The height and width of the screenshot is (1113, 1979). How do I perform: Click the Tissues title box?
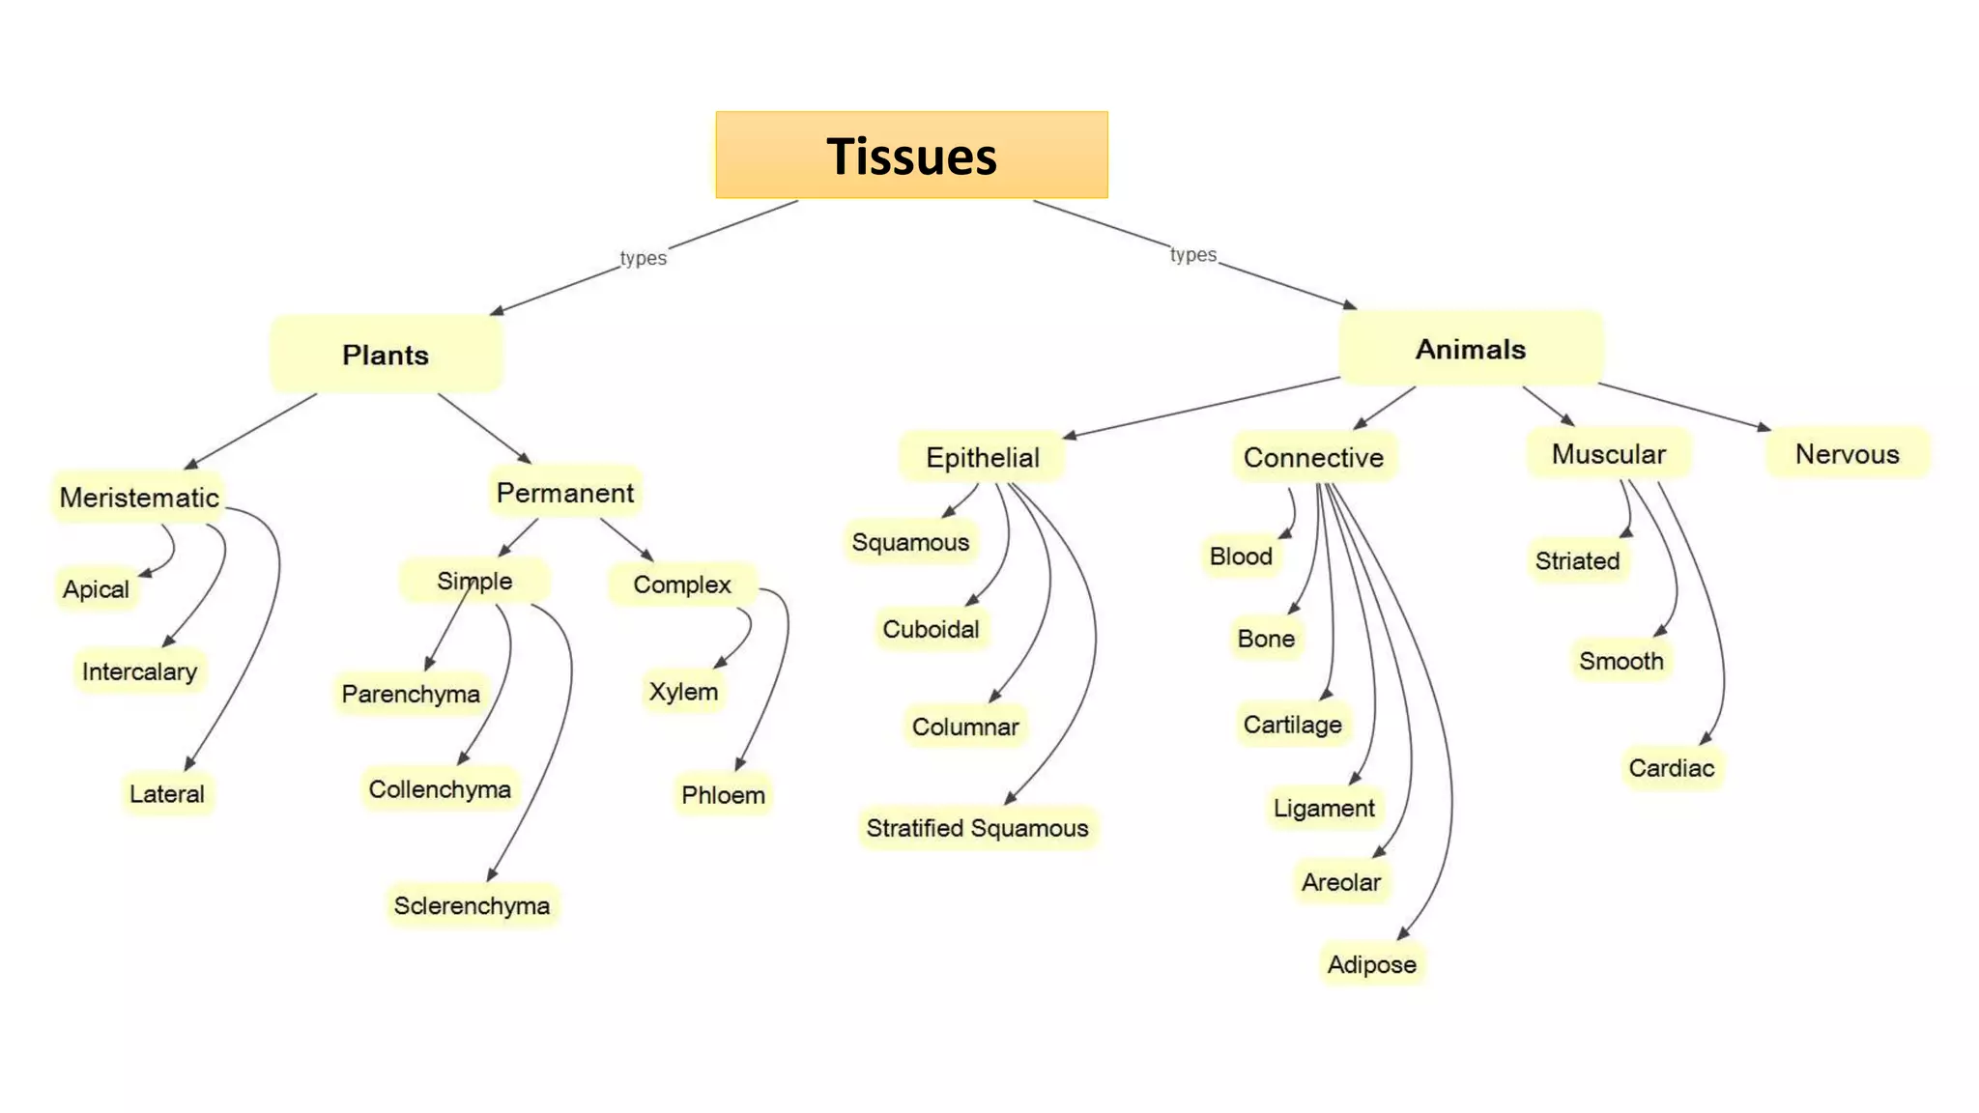click(x=911, y=156)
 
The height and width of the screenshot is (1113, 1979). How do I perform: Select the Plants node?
click(x=386, y=355)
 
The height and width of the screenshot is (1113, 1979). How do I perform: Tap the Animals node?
click(x=1470, y=349)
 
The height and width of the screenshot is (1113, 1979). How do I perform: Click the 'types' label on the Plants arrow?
click(x=643, y=258)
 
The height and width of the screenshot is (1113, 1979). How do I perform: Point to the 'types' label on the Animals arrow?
click(x=1192, y=254)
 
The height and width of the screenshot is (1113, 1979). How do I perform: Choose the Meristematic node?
click(x=139, y=498)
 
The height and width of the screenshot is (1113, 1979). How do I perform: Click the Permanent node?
click(x=565, y=493)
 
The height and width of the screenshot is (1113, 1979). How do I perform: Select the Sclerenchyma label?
click(x=472, y=905)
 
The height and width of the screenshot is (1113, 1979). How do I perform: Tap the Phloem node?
click(x=723, y=795)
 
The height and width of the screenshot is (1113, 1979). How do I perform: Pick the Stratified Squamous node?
click(x=977, y=828)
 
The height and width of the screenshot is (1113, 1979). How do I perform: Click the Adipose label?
click(x=1371, y=964)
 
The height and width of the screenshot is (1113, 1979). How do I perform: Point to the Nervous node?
click(x=1847, y=454)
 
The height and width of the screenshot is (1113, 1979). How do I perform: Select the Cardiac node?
click(x=1671, y=768)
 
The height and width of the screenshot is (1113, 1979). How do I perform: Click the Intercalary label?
click(x=139, y=671)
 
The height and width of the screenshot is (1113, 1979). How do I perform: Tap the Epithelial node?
click(x=983, y=457)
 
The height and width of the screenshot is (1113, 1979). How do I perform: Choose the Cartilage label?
click(x=1292, y=725)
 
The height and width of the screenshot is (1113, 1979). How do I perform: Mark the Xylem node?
click(x=683, y=692)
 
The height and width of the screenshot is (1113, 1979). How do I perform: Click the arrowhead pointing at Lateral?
click(x=190, y=763)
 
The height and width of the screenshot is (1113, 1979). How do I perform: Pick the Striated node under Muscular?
click(x=1577, y=560)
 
